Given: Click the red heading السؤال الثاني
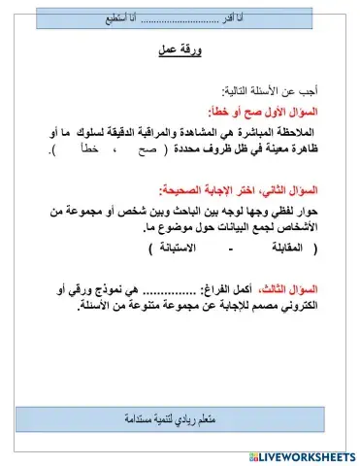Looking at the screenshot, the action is point(302,190).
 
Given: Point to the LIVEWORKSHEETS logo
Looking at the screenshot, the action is point(302,455).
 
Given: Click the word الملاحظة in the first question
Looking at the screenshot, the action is point(300,131).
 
